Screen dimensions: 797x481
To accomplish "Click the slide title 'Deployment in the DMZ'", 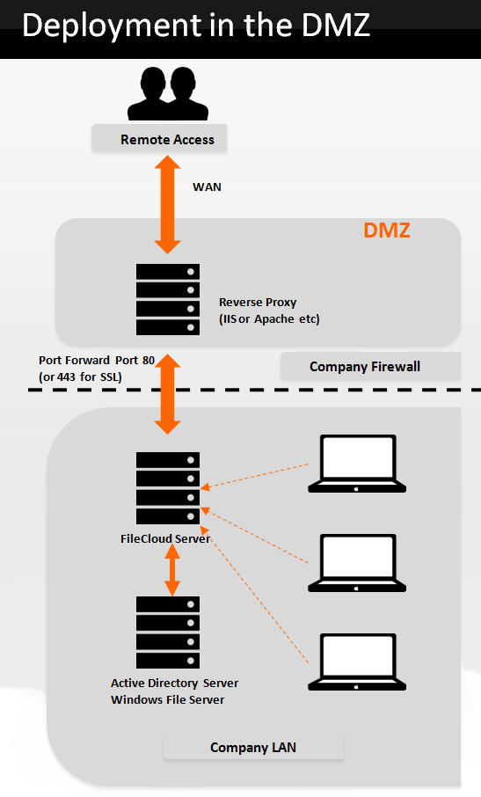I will click(195, 26).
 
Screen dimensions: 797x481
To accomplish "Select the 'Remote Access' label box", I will click(167, 139).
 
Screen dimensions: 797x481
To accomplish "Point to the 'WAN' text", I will click(207, 186).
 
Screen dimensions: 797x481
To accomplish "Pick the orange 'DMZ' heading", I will click(387, 231).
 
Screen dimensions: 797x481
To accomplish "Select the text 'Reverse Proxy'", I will click(258, 303).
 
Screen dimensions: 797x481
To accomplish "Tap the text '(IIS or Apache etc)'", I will click(269, 318).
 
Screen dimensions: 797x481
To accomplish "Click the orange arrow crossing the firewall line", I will click(168, 395).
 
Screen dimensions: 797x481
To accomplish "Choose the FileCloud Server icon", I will click(168, 487).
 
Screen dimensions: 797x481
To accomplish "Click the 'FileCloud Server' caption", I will click(165, 538).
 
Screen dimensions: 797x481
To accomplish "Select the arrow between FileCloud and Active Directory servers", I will click(173, 568).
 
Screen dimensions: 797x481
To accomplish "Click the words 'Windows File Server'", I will click(167, 699).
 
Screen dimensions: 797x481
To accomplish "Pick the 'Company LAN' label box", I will click(253, 748).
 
